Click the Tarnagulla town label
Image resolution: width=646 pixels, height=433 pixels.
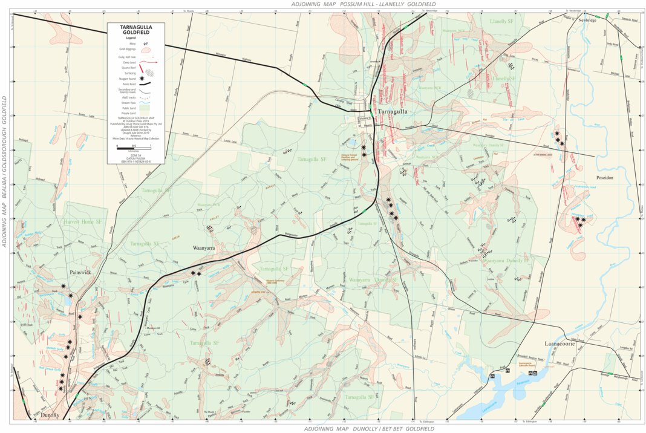[393, 112]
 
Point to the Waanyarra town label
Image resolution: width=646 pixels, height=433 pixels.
[205, 248]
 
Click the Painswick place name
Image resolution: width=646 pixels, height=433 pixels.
[80, 273]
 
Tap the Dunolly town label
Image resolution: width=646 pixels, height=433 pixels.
[51, 416]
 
